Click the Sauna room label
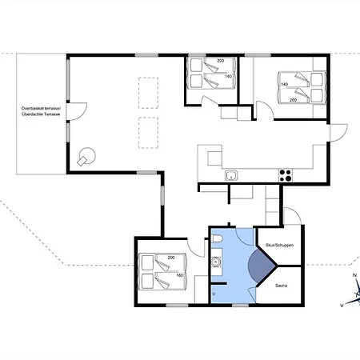pyautogui.click(x=281, y=286)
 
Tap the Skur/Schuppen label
pyautogui.click(x=279, y=245)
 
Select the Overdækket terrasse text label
pyautogui.click(x=41, y=109)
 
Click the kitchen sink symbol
pyautogui.click(x=231, y=176)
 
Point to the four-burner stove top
pyautogui.click(x=286, y=175)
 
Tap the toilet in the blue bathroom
pyautogui.click(x=216, y=238)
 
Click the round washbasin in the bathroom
pyautogui.click(x=215, y=262)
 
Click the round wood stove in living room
pyautogui.click(x=87, y=157)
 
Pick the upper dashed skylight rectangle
pyautogui.click(x=148, y=93)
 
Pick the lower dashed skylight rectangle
pyautogui.click(x=148, y=133)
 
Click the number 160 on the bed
pyautogui.click(x=180, y=275)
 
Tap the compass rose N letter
pyautogui.click(x=354, y=275)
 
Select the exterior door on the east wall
pyautogui.click(x=338, y=133)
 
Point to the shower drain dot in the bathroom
pyautogui.click(x=214, y=294)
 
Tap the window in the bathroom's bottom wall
pyautogui.click(x=241, y=305)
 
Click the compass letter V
pyautogui.click(x=342, y=306)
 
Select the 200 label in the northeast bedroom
pyautogui.click(x=293, y=100)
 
